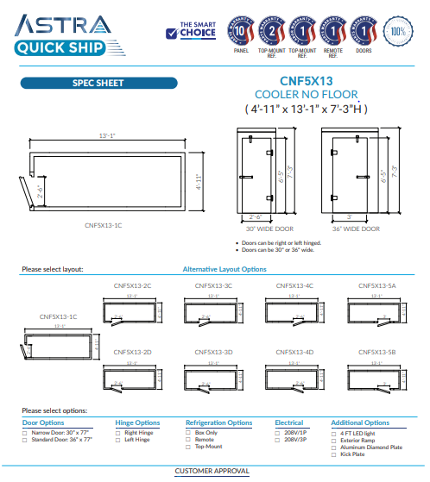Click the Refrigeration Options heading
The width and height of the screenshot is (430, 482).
click(219, 423)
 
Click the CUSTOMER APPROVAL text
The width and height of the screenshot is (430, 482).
click(212, 472)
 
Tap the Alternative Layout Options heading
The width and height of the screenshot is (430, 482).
click(224, 269)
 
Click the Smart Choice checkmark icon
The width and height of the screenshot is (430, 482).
click(172, 33)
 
